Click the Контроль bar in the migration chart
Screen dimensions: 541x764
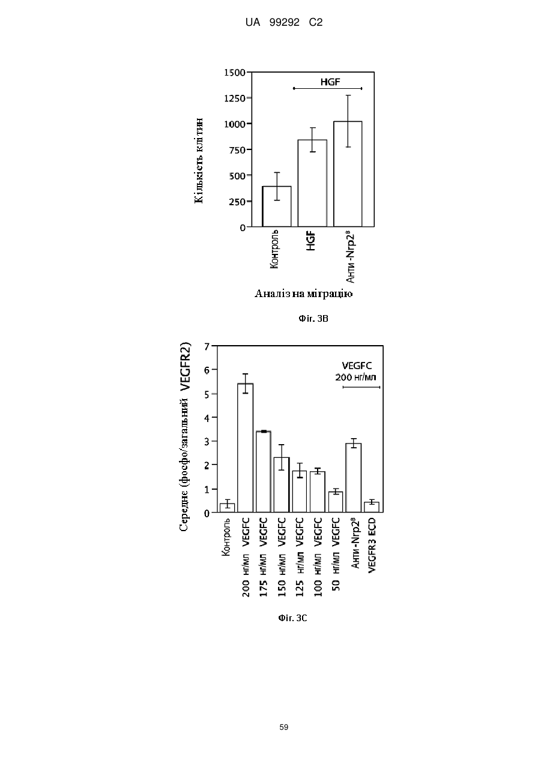(x=276, y=206)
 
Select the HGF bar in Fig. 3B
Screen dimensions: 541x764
(x=312, y=183)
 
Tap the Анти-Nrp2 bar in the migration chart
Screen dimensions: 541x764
(x=348, y=174)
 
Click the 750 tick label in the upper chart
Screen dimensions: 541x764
(x=238, y=150)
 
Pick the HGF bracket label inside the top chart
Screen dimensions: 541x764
(x=330, y=82)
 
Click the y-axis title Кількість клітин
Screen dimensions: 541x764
(x=199, y=161)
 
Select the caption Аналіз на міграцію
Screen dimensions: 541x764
(x=303, y=293)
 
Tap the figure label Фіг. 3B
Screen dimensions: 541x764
(x=313, y=319)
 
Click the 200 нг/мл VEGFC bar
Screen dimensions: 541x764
(x=246, y=448)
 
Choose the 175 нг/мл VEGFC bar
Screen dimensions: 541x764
(x=264, y=472)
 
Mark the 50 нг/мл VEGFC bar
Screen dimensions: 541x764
(x=336, y=502)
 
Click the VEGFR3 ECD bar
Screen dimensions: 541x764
(x=372, y=507)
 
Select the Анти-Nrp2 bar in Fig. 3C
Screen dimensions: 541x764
(x=354, y=478)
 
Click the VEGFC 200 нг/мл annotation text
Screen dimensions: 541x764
(x=357, y=371)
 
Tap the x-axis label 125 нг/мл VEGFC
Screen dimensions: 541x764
(x=300, y=556)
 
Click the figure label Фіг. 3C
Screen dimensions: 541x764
(x=292, y=618)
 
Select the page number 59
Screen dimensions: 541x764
(x=283, y=727)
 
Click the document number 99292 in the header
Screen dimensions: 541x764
(x=285, y=22)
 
